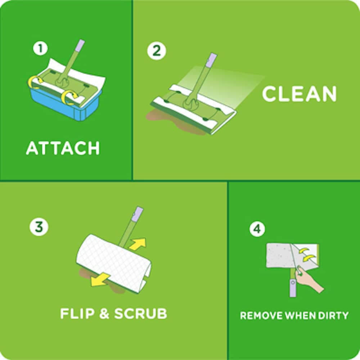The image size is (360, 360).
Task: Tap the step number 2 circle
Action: point(157,51)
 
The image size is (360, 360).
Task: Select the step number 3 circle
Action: point(39,227)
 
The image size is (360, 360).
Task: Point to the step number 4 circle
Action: point(257,229)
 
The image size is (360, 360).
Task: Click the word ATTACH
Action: point(63,148)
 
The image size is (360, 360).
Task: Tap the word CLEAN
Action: point(299,94)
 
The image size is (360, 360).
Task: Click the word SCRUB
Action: point(141,313)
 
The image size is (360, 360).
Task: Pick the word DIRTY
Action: point(334,316)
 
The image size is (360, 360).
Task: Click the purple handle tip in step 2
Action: point(212,60)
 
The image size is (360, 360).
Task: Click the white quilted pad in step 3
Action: point(112,261)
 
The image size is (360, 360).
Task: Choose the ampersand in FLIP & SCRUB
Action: point(104,313)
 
